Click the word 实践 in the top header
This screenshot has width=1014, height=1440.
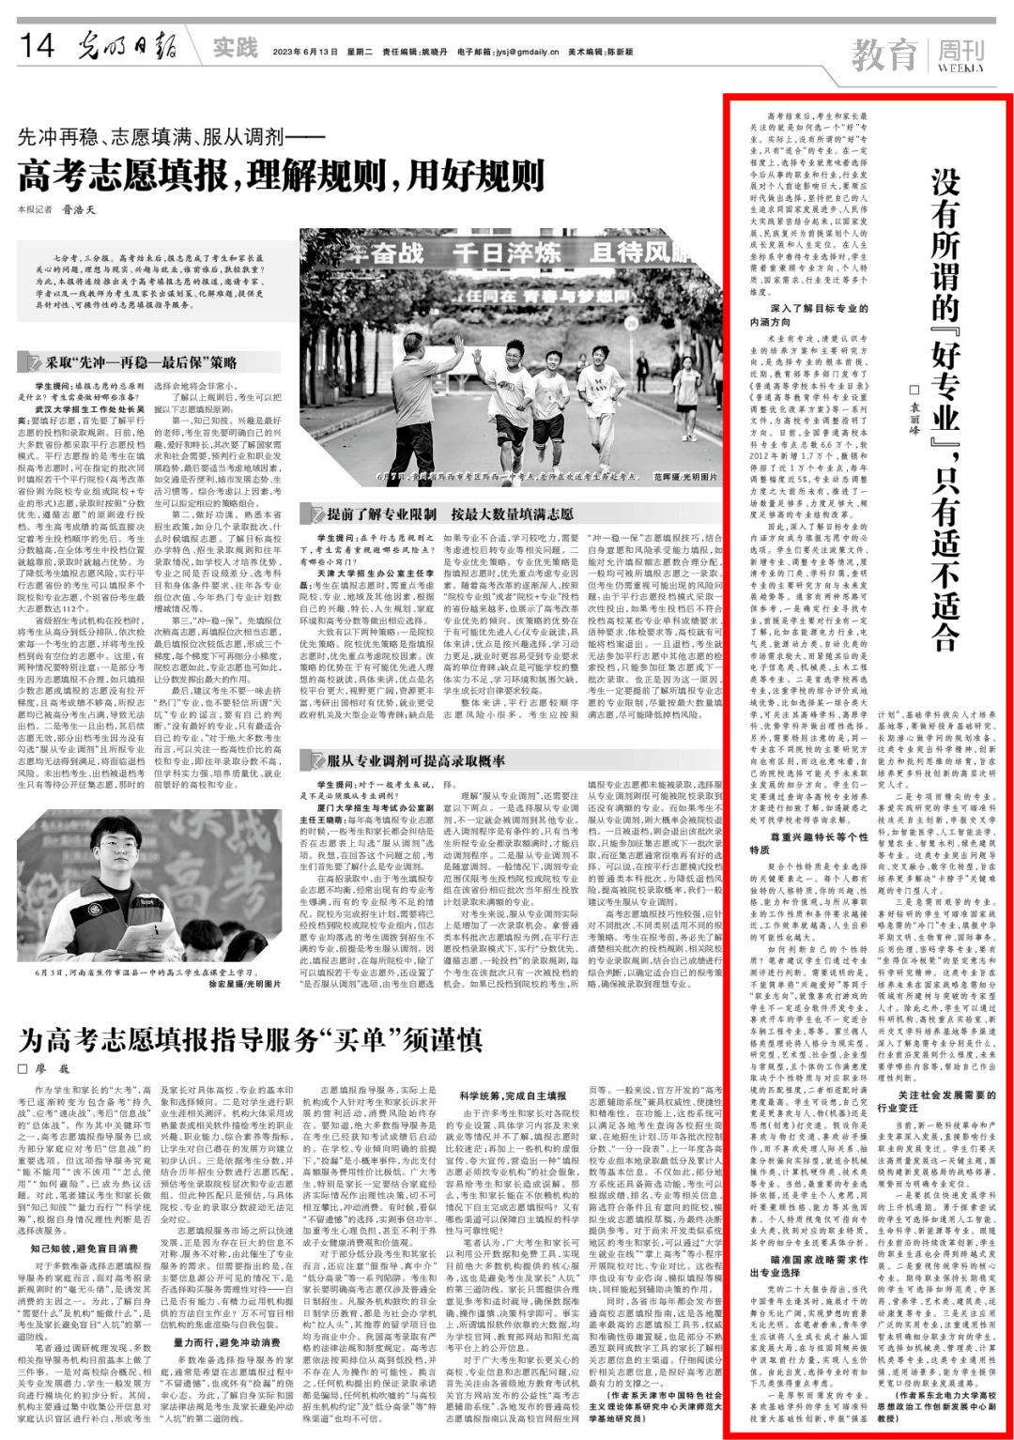pos(234,47)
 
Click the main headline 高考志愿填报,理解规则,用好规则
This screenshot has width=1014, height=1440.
pos(282,175)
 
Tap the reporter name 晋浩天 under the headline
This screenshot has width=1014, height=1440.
pos(79,209)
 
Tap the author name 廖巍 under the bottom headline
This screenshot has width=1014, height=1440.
pos(52,1069)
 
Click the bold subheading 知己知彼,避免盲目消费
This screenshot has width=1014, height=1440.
pos(84,1249)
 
